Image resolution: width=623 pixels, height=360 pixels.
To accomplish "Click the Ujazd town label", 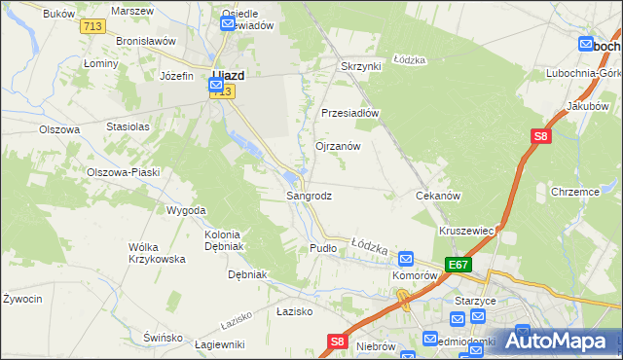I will point(228,74).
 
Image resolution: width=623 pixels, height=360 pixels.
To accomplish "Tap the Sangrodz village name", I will point(309,196).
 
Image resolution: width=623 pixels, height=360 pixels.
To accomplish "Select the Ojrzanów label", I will point(338,146).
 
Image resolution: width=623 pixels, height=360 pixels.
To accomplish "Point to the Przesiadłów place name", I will point(349,112).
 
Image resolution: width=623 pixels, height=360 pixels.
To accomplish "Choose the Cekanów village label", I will point(437,196).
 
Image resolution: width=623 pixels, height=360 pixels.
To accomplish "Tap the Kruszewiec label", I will point(468,231).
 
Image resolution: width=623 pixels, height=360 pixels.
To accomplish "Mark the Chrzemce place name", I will point(574,192).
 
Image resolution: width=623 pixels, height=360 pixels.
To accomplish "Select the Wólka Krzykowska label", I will point(157,253).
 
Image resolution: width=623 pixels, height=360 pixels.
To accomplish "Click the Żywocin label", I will point(22,299).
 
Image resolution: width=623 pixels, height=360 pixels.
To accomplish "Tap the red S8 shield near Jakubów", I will point(541,137).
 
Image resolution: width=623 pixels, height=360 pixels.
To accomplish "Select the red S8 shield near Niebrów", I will point(337,342).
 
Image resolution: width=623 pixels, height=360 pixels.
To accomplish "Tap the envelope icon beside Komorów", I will point(406,259).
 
